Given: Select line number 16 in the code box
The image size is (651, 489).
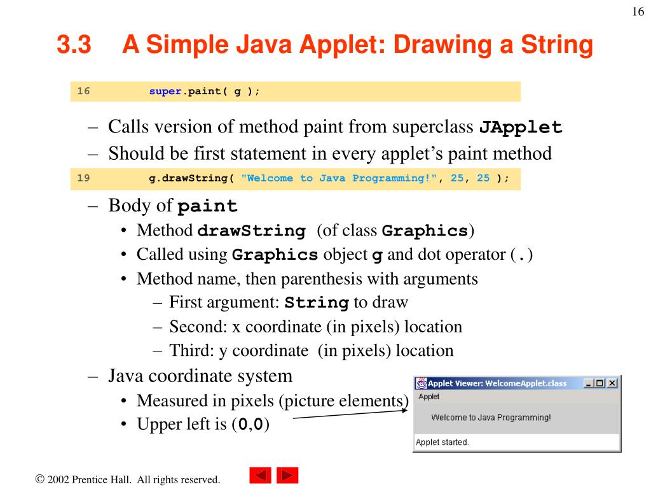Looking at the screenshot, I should point(83,91).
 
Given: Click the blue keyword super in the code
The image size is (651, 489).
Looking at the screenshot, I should point(165,91).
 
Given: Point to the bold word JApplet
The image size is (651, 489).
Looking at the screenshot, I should point(521,127).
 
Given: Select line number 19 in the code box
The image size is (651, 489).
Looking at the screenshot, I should point(83,178).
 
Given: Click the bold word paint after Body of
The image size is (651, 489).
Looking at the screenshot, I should point(207,207).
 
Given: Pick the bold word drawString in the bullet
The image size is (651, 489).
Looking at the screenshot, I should point(252,231).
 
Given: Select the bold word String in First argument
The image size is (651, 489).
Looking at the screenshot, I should point(317,303).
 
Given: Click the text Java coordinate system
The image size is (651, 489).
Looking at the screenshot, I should point(200,376).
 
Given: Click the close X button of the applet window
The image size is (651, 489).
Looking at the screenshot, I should point(612,383).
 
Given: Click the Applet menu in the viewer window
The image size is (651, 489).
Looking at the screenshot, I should point(428,397).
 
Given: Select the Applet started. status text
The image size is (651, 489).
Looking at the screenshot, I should point(442,443).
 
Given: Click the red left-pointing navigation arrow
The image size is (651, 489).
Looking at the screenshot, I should point(260,476).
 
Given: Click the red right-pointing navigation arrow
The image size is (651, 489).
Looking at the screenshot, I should point(287,476).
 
